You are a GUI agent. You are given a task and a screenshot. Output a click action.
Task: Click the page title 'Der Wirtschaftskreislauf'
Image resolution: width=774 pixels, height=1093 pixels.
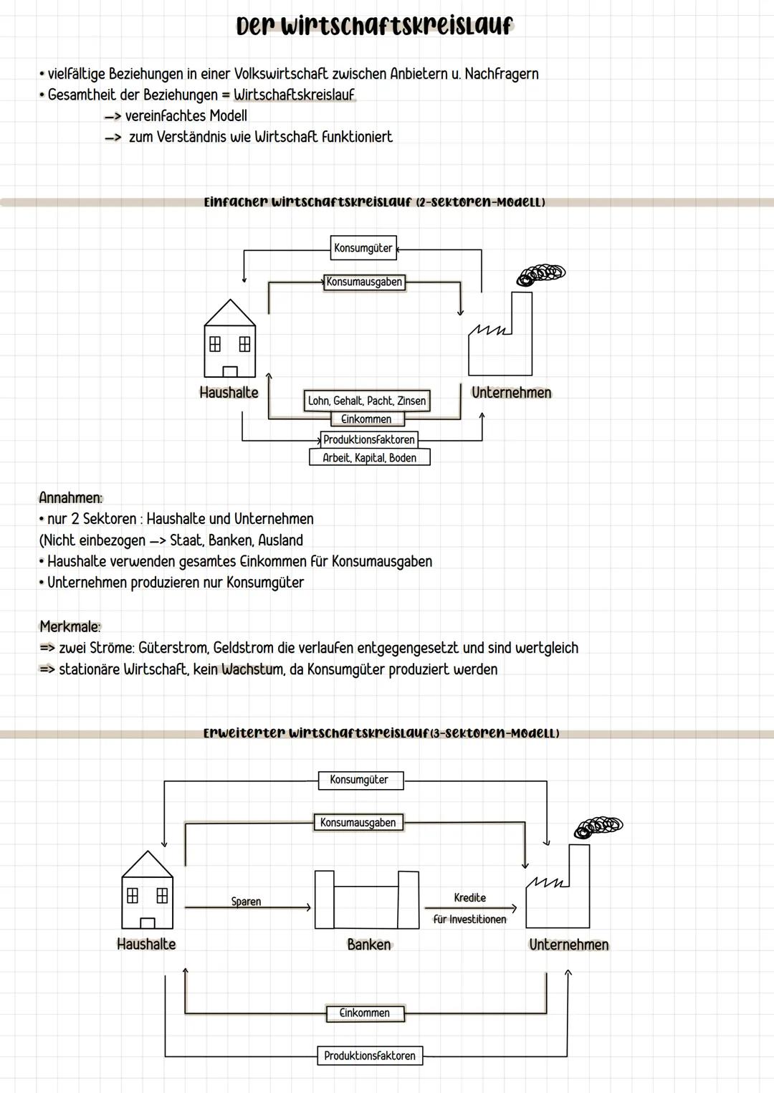coord(375,26)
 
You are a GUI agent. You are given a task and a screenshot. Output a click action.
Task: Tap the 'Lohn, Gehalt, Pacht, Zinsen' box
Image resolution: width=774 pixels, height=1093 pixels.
coord(367,401)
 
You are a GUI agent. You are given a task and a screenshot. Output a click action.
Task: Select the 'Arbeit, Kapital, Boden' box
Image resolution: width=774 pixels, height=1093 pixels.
coord(369,458)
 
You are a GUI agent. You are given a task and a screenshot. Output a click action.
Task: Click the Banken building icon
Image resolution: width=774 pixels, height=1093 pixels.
coord(367,900)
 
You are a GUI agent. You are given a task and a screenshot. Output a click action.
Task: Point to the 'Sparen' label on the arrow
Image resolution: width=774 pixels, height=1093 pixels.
coord(246,902)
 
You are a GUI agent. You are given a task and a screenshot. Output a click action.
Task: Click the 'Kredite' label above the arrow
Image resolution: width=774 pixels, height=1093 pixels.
coord(470,898)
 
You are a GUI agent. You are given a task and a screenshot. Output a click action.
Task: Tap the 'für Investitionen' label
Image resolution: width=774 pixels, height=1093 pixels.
coord(469,920)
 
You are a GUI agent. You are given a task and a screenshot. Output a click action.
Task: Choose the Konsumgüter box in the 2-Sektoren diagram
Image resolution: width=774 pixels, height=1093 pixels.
coord(363,248)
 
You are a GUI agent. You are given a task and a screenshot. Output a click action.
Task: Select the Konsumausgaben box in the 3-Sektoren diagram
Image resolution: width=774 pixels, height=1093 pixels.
coord(358,823)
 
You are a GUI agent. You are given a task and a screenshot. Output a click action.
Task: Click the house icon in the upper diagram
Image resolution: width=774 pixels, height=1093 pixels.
coord(229,339)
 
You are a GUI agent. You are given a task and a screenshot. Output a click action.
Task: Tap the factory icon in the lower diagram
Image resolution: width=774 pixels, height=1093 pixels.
coord(558,889)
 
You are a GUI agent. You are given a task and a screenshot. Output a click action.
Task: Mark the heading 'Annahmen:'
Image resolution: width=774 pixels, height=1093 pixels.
coord(70,497)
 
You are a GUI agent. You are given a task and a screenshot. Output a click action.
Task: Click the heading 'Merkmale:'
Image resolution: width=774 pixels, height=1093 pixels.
coord(70,626)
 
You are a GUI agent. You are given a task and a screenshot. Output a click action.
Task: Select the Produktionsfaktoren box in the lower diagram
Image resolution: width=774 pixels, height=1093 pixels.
coord(370,1056)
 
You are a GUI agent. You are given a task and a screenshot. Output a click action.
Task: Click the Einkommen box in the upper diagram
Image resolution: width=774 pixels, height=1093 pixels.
coord(367,419)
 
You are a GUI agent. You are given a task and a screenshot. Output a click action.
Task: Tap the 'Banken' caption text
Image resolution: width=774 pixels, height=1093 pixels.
coord(369,945)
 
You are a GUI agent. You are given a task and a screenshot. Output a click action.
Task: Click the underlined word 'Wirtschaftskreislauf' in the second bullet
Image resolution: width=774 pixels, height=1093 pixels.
coord(294,95)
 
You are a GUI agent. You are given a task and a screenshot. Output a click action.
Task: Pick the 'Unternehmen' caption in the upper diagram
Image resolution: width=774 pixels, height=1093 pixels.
coord(511,393)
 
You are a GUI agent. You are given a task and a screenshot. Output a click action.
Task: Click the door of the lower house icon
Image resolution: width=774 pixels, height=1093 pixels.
coord(148,923)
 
